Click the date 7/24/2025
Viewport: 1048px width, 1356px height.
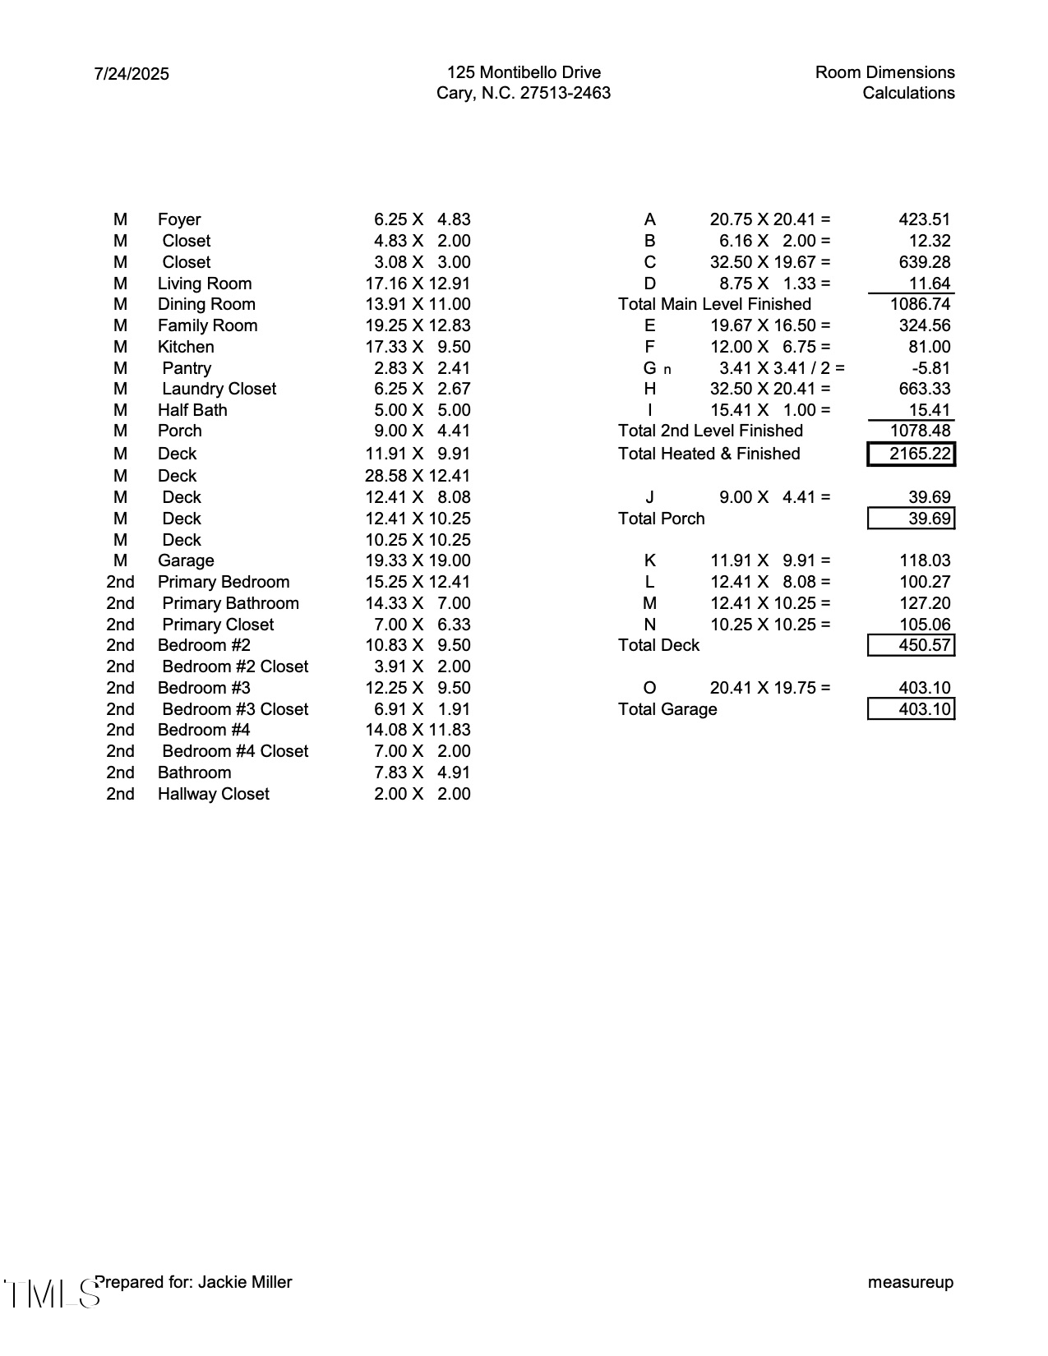coord(132,74)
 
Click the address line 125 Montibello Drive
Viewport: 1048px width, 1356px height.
coord(524,72)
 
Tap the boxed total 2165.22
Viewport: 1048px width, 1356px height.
coord(912,454)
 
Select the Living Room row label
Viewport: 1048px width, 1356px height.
coord(205,284)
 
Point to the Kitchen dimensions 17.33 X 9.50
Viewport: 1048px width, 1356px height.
coord(418,347)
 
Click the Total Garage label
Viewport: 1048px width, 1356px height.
coord(667,709)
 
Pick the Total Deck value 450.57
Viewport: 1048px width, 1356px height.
coord(912,645)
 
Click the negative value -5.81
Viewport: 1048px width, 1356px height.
coord(931,368)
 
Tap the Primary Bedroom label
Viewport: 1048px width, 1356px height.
coord(224,582)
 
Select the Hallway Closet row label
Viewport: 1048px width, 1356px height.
coord(214,794)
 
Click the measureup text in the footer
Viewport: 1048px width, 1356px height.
coord(911,1282)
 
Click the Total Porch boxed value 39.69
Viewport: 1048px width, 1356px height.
coord(912,519)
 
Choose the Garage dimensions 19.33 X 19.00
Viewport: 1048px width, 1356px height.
coord(418,560)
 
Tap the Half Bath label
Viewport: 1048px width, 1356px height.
coord(192,410)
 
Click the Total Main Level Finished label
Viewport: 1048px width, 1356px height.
coord(714,304)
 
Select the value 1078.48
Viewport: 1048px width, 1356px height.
coord(920,431)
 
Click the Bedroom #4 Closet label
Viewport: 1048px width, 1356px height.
coord(235,751)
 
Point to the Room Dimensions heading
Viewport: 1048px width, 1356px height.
coord(884,72)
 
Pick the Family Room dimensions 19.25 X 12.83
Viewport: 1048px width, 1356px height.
coord(418,325)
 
